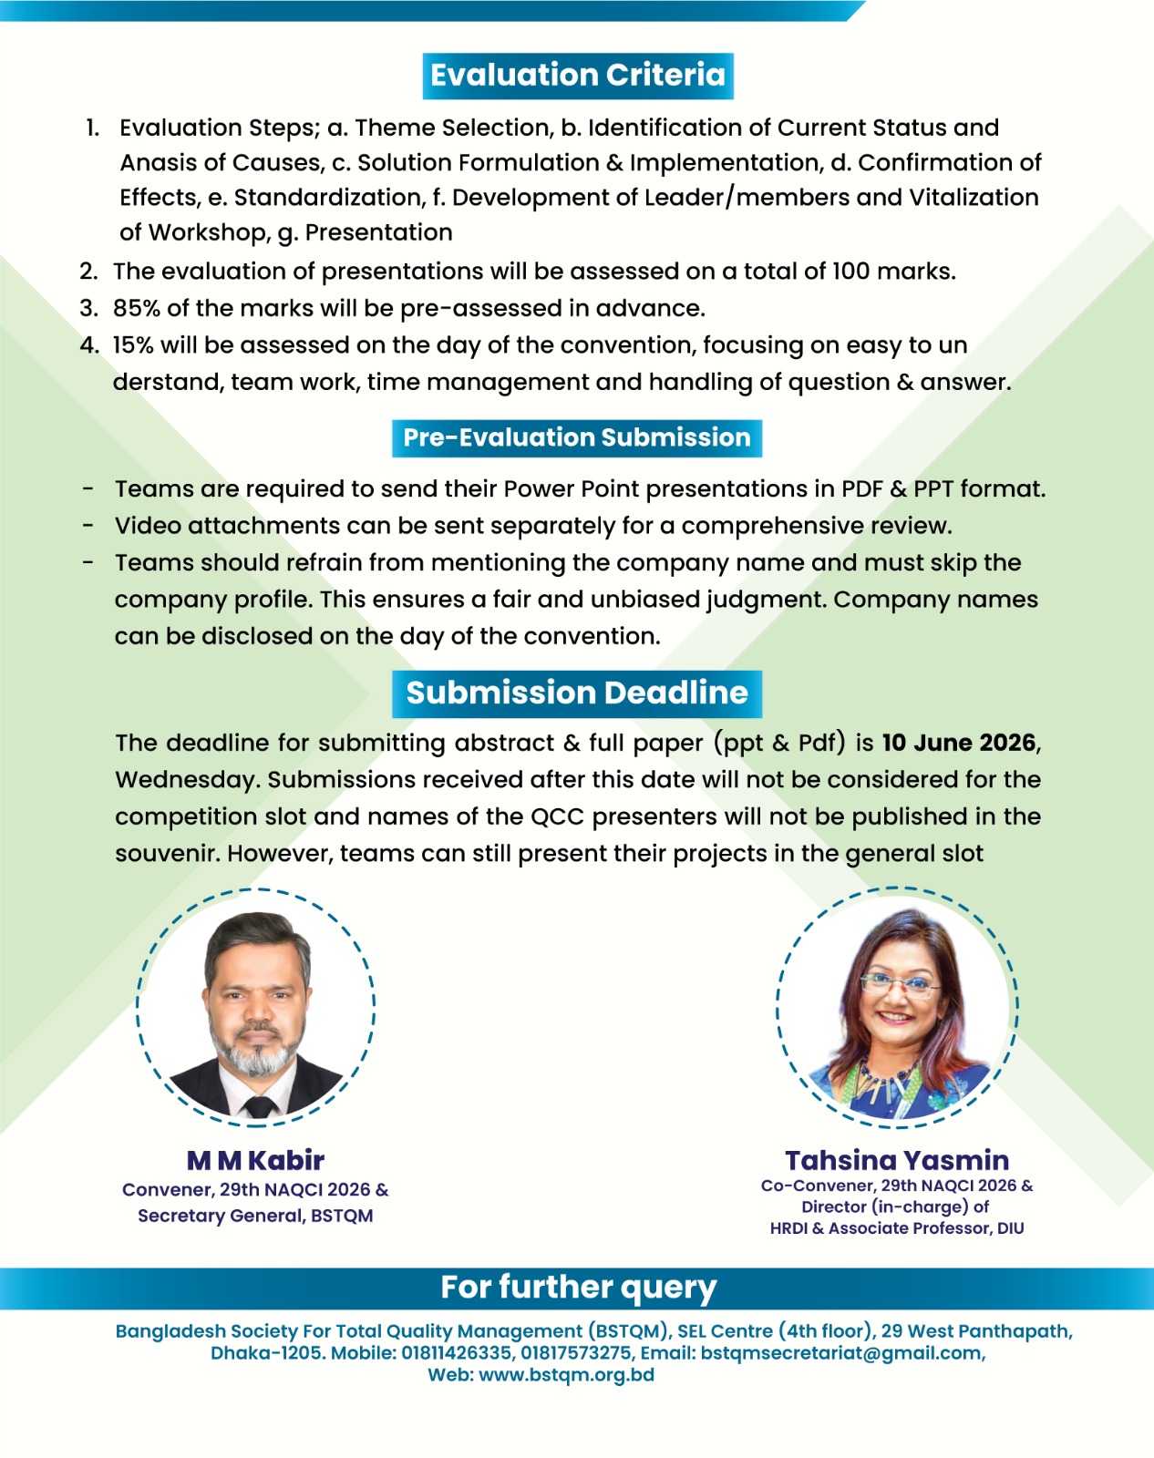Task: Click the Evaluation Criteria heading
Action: click(x=578, y=76)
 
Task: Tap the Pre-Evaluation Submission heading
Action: click(x=577, y=438)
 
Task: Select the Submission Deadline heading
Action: click(x=577, y=693)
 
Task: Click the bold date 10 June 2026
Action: click(x=959, y=743)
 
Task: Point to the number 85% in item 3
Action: click(x=136, y=309)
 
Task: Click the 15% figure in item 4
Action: click(x=132, y=345)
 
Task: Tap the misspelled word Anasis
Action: click(x=160, y=163)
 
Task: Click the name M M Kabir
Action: click(x=255, y=1160)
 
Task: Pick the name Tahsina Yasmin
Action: click(x=897, y=1160)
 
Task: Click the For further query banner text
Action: click(x=578, y=1288)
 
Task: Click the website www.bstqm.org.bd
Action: click(x=566, y=1375)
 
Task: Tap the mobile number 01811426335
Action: click(x=456, y=1353)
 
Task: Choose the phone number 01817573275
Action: click(x=576, y=1353)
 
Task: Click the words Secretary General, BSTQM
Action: click(x=255, y=1216)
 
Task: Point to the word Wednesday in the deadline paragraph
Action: click(x=187, y=780)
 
